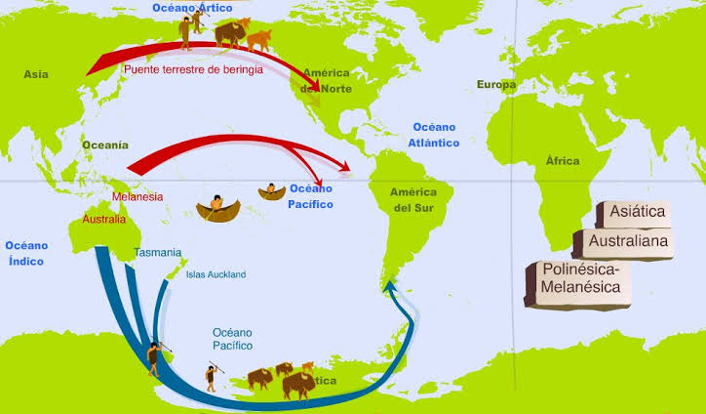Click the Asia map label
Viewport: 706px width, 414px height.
click(x=35, y=74)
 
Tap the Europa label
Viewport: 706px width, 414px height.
click(x=495, y=85)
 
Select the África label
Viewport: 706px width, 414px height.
click(x=562, y=161)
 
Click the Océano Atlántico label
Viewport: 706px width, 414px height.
click(x=435, y=135)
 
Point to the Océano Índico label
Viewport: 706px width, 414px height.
click(x=25, y=254)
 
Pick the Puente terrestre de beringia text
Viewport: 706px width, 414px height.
click(x=192, y=70)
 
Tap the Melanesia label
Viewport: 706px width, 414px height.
click(x=137, y=196)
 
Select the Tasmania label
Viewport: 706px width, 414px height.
click(x=158, y=252)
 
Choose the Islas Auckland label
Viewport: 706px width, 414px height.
click(x=216, y=274)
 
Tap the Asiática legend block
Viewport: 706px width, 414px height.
click(x=636, y=211)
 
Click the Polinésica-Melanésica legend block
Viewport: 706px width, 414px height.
click(x=577, y=279)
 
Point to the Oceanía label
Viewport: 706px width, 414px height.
click(x=104, y=145)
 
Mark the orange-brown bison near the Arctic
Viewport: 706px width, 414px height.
click(x=258, y=39)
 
